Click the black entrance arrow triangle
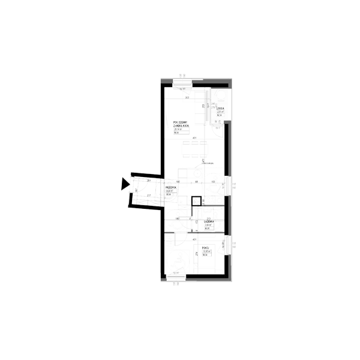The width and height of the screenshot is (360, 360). [124, 184]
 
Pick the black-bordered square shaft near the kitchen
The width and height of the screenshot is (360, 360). [195, 202]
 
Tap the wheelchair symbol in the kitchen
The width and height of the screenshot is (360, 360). [212, 181]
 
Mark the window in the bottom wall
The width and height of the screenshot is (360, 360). [175, 278]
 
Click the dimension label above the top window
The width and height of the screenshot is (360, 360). [181, 76]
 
